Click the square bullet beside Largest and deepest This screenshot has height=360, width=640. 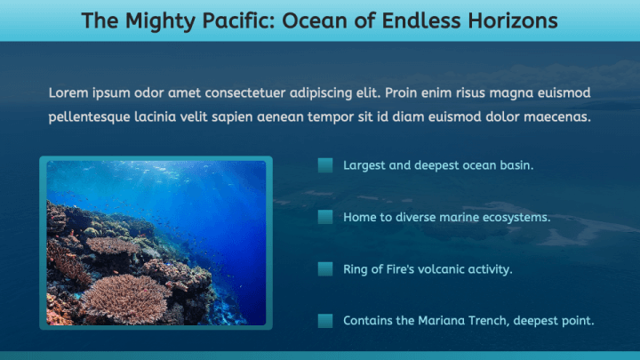coord(325,165)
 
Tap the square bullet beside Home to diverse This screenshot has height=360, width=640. coord(325,217)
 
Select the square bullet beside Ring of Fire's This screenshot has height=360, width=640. coord(325,268)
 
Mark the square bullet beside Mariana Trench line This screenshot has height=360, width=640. coord(325,320)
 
